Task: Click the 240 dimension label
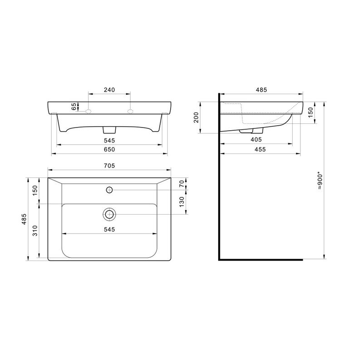click(109, 90)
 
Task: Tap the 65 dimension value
click(74, 107)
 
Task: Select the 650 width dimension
click(109, 150)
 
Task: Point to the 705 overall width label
click(109, 166)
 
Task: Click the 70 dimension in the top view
click(182, 183)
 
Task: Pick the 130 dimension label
click(182, 201)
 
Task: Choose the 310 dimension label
click(35, 231)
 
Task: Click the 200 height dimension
click(196, 118)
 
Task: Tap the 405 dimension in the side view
click(256, 140)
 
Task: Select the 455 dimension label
click(260, 150)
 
